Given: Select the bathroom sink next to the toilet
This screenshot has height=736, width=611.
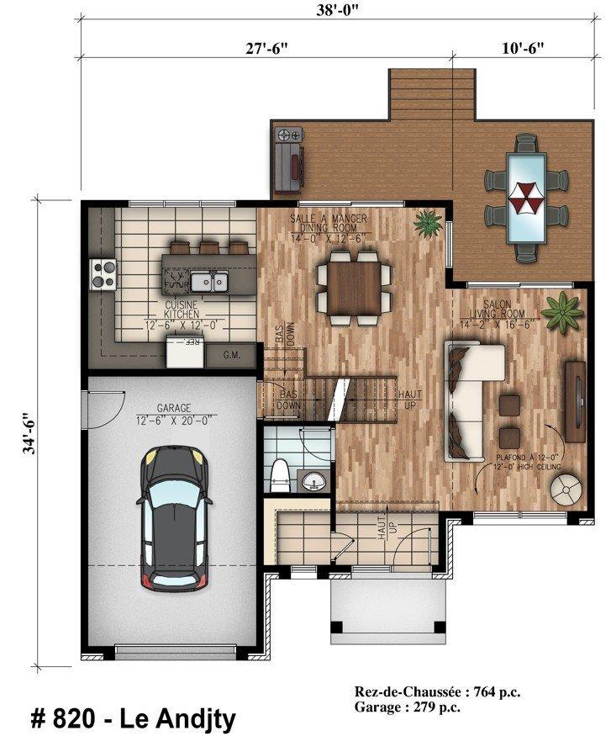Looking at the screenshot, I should [313, 481].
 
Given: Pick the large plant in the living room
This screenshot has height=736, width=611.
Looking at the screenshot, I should [561, 311].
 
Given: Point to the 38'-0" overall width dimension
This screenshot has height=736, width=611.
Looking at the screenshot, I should [334, 11].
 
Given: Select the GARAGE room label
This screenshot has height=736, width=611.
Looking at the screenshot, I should [173, 408].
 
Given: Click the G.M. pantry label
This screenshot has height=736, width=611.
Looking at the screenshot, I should [233, 355].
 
